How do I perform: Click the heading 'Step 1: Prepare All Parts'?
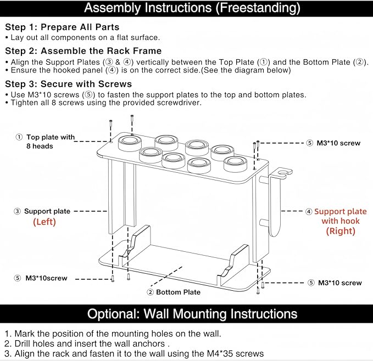click(62, 27)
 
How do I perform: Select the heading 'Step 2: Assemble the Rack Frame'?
click(83, 51)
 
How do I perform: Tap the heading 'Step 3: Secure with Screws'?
click(69, 84)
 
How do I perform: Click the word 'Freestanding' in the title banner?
click(258, 8)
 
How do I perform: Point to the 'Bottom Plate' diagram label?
click(178, 292)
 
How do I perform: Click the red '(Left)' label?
click(44, 222)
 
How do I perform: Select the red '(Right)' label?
click(341, 231)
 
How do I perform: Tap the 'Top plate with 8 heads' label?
click(51, 142)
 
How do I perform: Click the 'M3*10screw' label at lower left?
click(46, 278)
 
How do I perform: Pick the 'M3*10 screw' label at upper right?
click(338, 143)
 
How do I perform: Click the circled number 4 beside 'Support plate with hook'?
click(309, 212)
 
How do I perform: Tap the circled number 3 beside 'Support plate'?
click(18, 211)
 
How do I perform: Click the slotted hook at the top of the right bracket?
click(283, 173)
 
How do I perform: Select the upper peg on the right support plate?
click(264, 180)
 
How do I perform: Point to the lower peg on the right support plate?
click(264, 223)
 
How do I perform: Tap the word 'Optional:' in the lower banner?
click(114, 314)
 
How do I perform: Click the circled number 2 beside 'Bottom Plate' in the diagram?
click(150, 292)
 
